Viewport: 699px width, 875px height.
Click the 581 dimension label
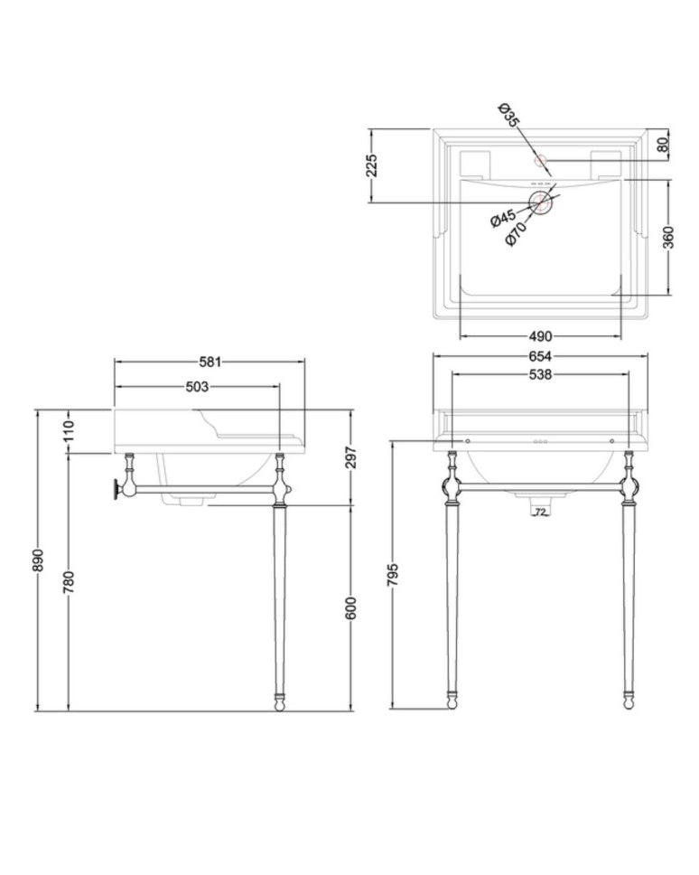coord(209,362)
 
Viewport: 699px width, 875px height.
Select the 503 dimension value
coord(197,387)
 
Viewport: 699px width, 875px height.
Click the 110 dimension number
coord(70,431)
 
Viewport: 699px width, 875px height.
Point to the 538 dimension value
coord(540,373)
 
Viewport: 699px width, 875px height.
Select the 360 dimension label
coord(668,236)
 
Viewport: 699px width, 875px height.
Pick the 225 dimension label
coord(371,165)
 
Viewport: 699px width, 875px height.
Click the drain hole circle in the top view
coord(541,202)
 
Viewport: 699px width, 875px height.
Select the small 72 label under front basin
coord(540,513)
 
